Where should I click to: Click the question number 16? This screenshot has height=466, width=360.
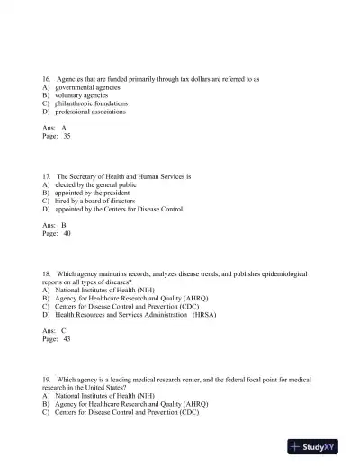[47, 79]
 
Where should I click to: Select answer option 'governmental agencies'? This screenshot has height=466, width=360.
[87, 88]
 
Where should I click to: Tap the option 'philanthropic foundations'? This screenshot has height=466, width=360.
[93, 104]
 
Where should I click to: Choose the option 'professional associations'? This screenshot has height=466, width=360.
[91, 112]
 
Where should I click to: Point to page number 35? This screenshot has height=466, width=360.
[67, 136]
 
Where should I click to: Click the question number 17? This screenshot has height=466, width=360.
[47, 176]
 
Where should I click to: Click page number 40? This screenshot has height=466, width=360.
[67, 233]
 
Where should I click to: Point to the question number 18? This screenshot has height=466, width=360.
[47, 273]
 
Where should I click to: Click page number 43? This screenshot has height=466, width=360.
[67, 338]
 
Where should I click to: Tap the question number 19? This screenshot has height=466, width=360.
[47, 379]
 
